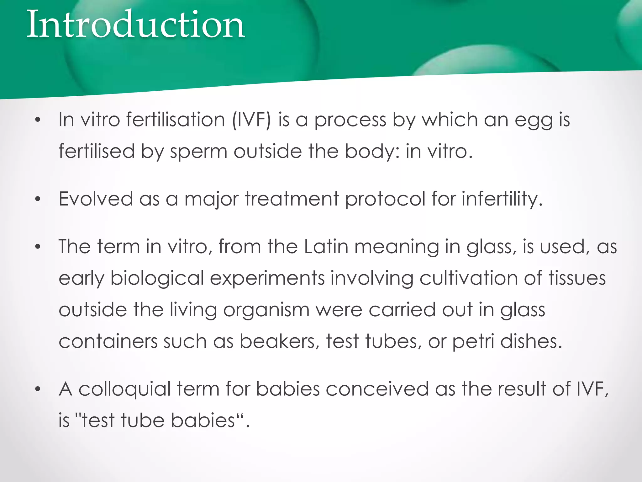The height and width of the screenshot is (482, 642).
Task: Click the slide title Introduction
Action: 135,24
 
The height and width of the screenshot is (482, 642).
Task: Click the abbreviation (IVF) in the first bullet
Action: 251,120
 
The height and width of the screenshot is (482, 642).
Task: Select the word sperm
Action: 198,152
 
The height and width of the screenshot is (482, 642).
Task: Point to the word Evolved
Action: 96,199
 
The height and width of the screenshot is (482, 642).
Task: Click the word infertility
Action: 502,199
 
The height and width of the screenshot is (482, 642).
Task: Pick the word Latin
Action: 326,247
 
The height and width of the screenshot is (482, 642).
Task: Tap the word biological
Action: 157,279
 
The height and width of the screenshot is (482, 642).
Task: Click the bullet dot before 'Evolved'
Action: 38,199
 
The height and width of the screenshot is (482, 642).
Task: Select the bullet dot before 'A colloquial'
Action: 38,389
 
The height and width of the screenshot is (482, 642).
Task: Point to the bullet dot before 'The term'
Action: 38,247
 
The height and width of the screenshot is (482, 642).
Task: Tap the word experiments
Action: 267,279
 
